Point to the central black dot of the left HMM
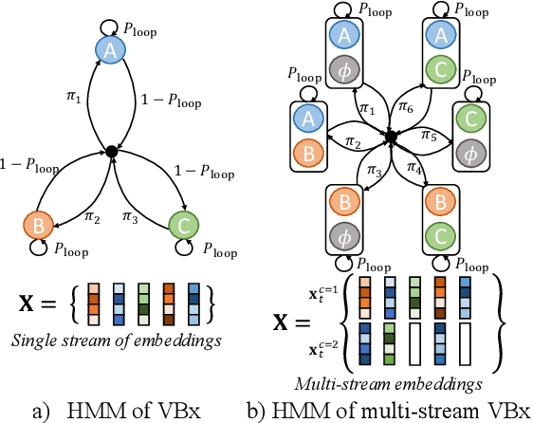[111, 151]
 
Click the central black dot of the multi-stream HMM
[389, 138]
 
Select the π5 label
[430, 136]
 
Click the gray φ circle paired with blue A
[345, 69]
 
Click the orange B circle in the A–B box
[308, 152]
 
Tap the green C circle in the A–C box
[437, 69]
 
